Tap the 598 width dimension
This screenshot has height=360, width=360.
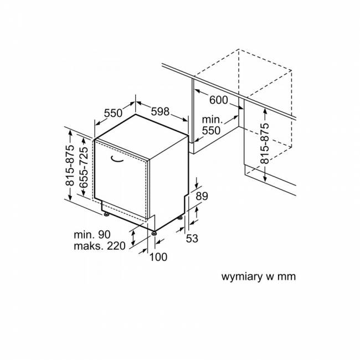(160, 111)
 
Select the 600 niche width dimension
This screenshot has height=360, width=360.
(219, 100)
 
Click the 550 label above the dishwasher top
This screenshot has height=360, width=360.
(113, 113)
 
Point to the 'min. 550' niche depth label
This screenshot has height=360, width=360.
(212, 125)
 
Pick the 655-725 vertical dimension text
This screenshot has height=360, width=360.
(83, 167)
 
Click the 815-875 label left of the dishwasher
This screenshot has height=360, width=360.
(70, 165)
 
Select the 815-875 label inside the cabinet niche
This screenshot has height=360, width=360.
(265, 143)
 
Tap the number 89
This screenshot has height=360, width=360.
(202, 196)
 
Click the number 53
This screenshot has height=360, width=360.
(192, 238)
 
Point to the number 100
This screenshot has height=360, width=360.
(158, 257)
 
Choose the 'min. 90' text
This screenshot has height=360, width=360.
(92, 234)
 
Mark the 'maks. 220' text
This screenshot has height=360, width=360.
(100, 246)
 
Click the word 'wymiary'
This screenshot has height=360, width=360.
(242, 277)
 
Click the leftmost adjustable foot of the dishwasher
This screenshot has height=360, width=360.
(106, 214)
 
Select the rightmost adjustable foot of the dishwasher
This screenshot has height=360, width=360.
(181, 217)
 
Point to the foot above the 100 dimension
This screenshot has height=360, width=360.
(154, 233)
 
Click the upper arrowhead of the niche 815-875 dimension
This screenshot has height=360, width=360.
(265, 110)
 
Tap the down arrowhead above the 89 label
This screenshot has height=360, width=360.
(196, 186)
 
